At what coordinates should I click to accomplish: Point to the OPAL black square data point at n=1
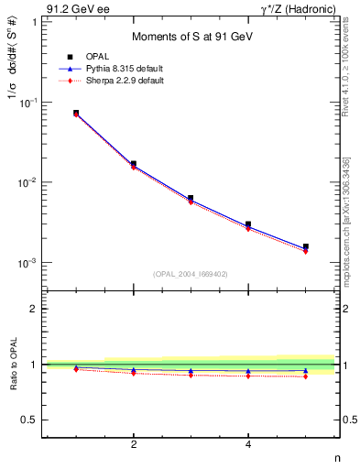[76, 113]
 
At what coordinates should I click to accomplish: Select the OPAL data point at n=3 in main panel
[191, 198]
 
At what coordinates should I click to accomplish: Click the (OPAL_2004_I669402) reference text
[190, 273]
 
